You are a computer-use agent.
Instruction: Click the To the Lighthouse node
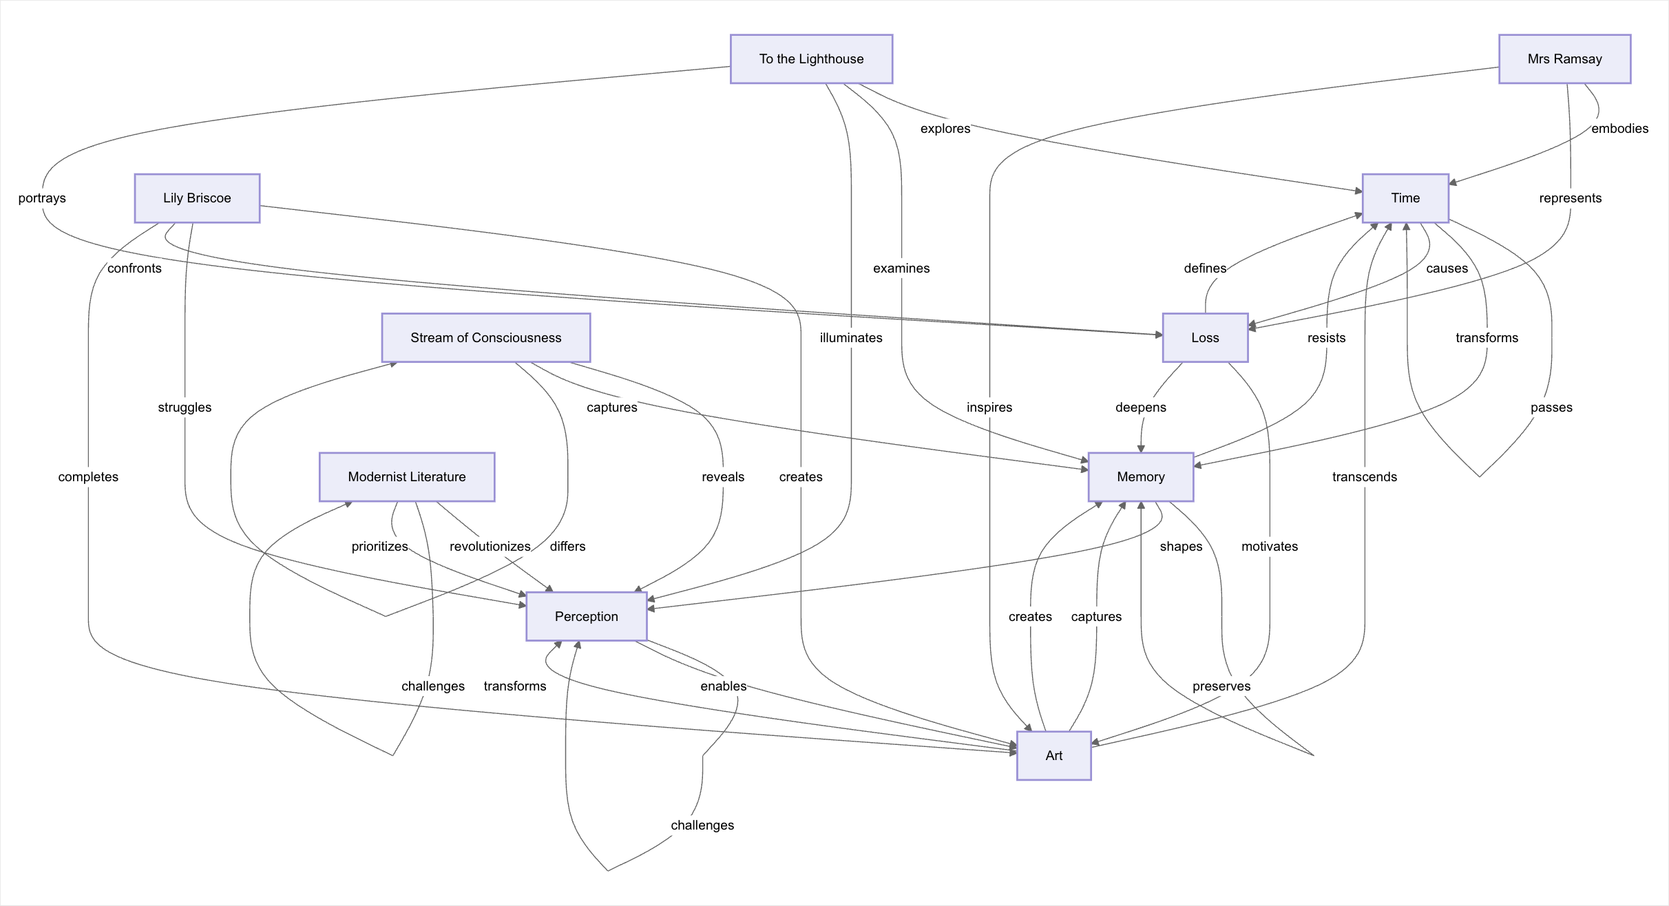click(x=811, y=59)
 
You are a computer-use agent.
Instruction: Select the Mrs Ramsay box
click(x=1564, y=59)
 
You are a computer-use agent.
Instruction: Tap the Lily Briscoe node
click(x=197, y=198)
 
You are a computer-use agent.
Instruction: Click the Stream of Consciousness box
click(x=485, y=338)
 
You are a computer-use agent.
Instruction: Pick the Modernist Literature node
click(x=406, y=477)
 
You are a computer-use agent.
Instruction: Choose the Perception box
click(x=586, y=617)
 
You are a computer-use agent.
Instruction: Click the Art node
click(x=1053, y=756)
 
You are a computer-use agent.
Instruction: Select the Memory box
click(x=1140, y=477)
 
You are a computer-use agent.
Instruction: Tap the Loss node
click(x=1205, y=338)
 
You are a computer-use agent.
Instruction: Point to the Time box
click(x=1405, y=198)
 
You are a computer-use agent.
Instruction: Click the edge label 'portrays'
click(x=42, y=198)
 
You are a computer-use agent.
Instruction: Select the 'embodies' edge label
click(x=1619, y=129)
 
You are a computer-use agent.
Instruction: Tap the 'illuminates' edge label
click(x=851, y=338)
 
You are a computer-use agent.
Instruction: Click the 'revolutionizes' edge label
click(x=490, y=547)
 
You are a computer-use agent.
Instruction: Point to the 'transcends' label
click(x=1364, y=477)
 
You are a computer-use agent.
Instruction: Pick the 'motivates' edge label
click(x=1269, y=547)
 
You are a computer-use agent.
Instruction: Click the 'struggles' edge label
click(x=185, y=408)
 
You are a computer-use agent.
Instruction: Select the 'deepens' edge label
click(x=1140, y=408)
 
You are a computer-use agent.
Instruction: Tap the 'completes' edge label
click(x=88, y=477)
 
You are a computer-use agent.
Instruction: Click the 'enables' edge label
click(x=723, y=686)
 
